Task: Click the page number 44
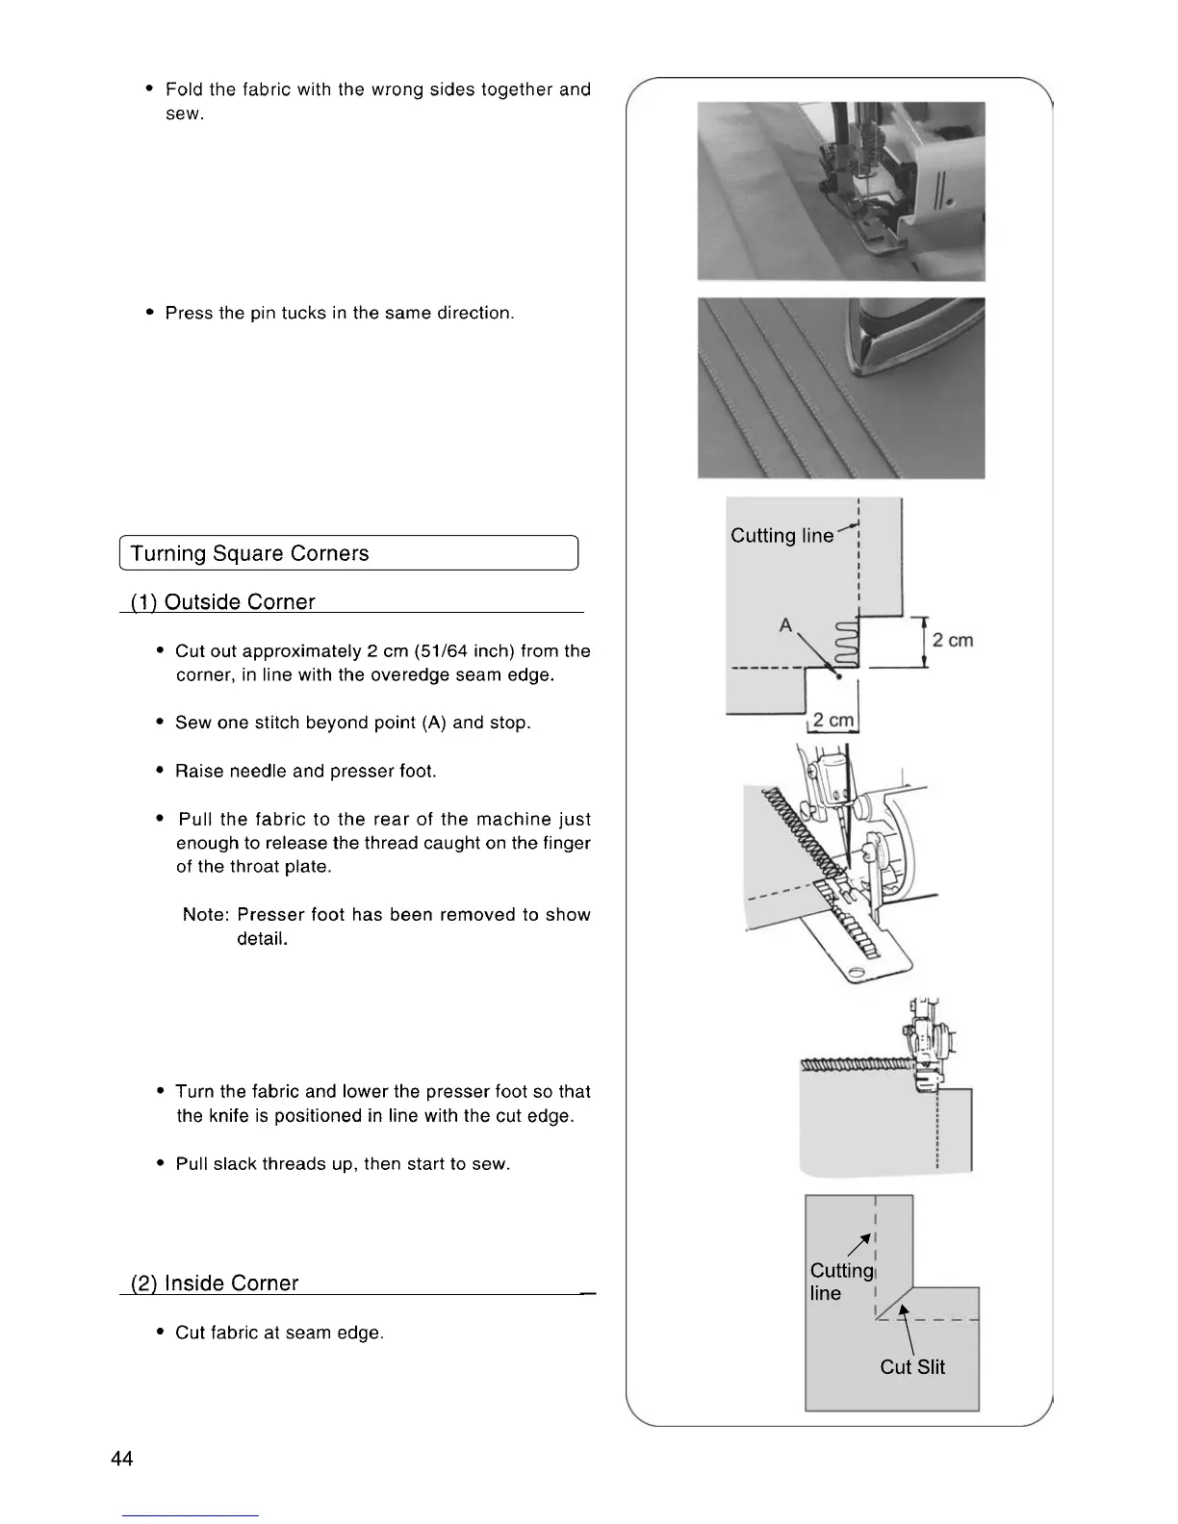tap(122, 1459)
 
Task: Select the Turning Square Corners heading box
tap(347, 553)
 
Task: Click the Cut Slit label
tap(911, 1367)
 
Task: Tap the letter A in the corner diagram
tap(786, 625)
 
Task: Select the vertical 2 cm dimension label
tap(953, 640)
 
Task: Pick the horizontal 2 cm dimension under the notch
tap(832, 721)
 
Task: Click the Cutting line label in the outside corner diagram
tap(781, 536)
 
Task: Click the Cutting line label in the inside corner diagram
tap(840, 1282)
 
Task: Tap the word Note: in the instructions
tap(206, 915)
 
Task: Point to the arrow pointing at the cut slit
tap(905, 1329)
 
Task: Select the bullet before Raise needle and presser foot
tap(160, 771)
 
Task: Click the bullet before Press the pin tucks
tap(150, 313)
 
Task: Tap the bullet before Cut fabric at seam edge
tap(160, 1333)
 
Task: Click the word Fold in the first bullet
tap(185, 89)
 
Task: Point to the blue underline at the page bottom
tap(191, 1515)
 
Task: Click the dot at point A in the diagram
tap(840, 676)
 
